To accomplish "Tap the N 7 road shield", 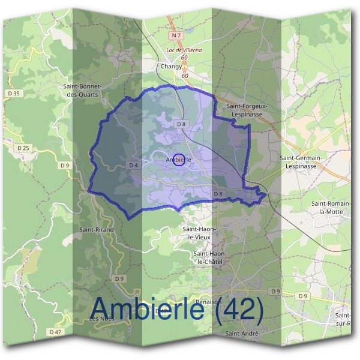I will click(x=174, y=36).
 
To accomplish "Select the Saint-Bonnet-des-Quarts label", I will click(x=84, y=89).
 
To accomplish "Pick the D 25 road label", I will click(x=23, y=147).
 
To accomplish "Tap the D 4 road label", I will click(x=134, y=165).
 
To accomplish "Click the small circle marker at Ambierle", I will click(x=178, y=159).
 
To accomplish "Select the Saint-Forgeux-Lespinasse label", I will click(x=247, y=109).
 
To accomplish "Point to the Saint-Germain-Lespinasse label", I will click(x=301, y=161).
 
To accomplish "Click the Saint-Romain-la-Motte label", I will click(x=329, y=208).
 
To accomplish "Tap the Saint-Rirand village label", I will click(x=96, y=229).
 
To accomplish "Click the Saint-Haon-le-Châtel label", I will click(x=209, y=258).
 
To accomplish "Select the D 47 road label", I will click(x=56, y=332).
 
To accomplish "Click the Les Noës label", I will click(x=101, y=319).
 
